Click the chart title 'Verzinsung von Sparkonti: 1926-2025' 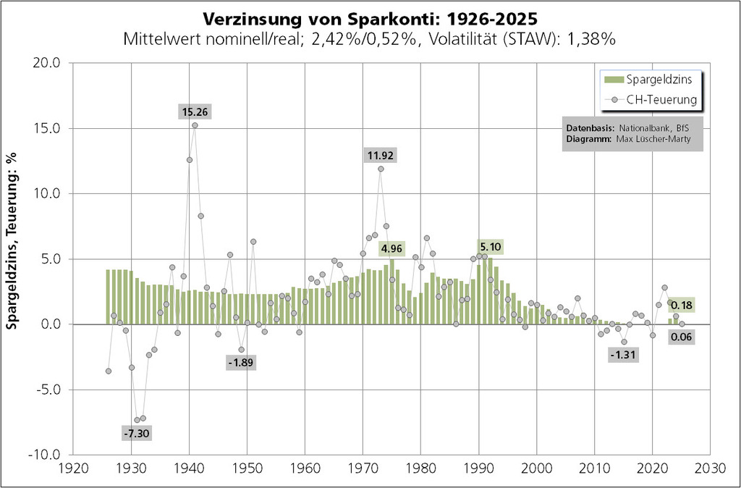click(370, 18)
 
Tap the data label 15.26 click(195, 112)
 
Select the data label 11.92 click(381, 155)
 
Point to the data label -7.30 click(137, 433)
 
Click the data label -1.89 click(241, 362)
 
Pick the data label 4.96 click(391, 249)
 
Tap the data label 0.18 click(682, 305)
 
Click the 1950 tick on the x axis click(247, 468)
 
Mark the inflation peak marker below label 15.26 click(195, 125)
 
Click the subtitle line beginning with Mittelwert click(370, 40)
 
